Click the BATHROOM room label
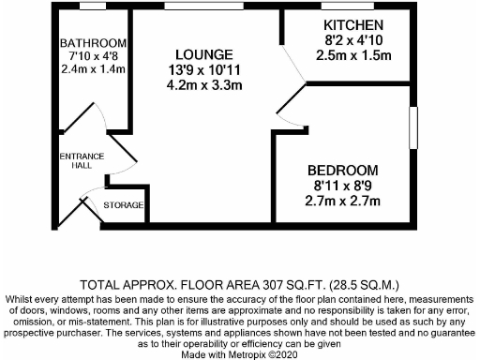92,44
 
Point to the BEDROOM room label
344,171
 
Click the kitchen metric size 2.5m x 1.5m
353,55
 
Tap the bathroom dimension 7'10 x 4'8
92,57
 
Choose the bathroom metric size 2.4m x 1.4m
92,70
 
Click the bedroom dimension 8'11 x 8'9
344,186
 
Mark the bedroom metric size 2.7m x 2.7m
344,201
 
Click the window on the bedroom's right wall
412,127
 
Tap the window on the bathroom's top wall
92,7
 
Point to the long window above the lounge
202,7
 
